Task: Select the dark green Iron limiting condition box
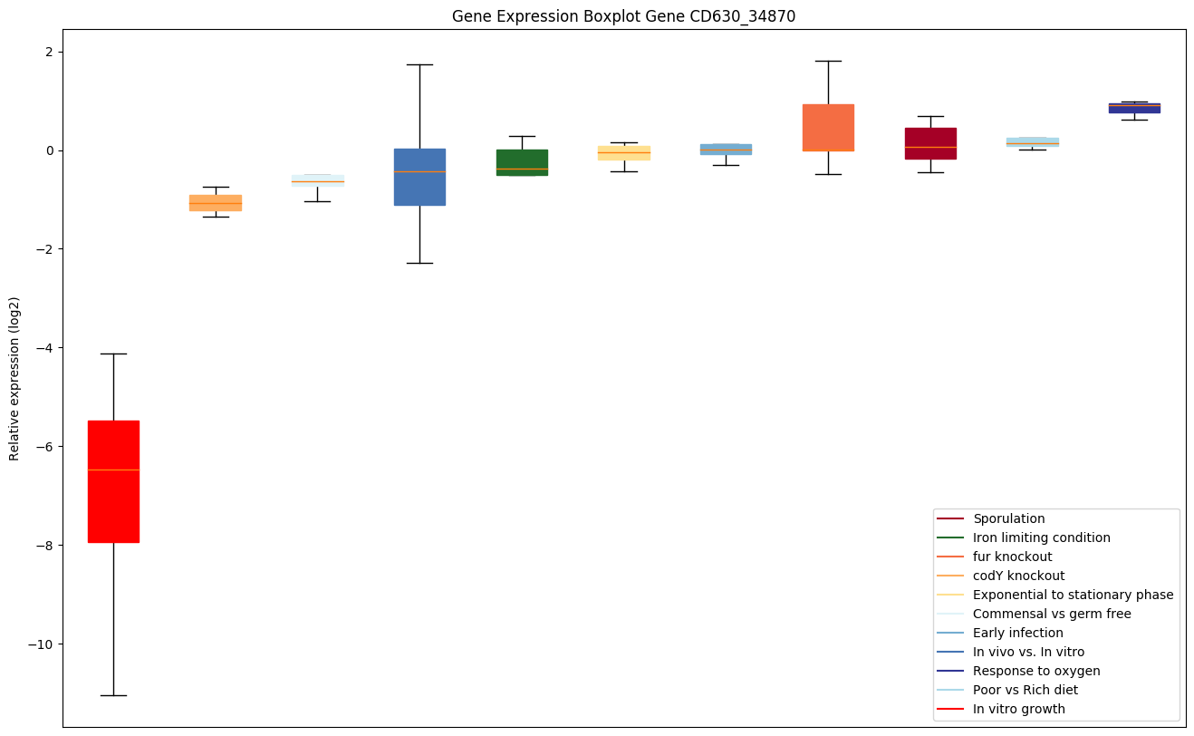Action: click(522, 162)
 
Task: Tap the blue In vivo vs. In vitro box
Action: click(419, 177)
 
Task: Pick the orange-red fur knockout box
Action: click(828, 128)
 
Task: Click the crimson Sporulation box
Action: click(930, 143)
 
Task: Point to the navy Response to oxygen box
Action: click(1134, 108)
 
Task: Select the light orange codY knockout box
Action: click(216, 203)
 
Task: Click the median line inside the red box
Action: click(113, 470)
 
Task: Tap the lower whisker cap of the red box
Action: click(113, 695)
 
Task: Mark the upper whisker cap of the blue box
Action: click(419, 64)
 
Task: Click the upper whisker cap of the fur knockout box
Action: click(828, 61)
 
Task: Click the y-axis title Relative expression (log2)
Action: click(14, 378)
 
